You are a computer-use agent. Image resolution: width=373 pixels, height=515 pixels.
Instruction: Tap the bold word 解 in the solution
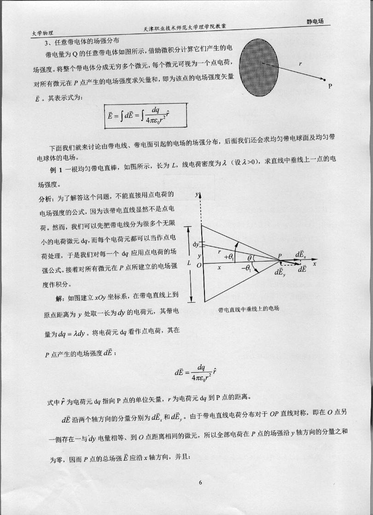tap(59, 298)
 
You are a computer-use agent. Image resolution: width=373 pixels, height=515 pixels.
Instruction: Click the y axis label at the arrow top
tap(198, 195)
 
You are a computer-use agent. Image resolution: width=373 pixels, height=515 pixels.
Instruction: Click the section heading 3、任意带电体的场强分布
tap(81, 43)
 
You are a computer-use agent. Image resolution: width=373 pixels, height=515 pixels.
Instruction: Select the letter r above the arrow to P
tap(300, 63)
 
